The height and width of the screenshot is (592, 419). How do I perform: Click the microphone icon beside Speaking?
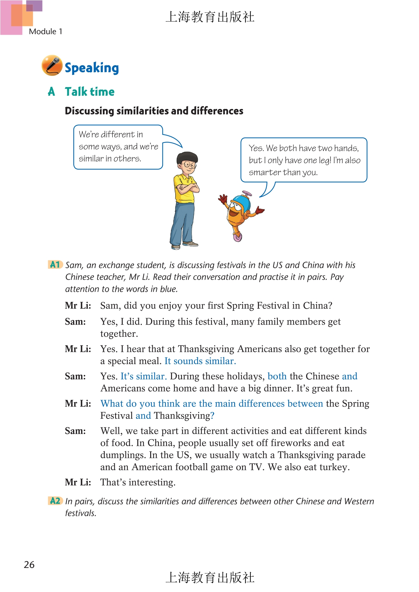tap(52, 65)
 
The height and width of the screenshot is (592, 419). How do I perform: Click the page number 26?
tap(29, 565)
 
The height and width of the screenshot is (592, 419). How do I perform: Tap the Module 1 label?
tap(45, 31)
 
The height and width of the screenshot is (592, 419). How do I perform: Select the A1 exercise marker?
tap(55, 265)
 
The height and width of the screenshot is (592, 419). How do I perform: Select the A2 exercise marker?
tap(55, 501)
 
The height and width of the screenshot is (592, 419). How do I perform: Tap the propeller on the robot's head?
tap(247, 194)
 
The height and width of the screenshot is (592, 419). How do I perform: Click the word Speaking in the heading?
tap(92, 68)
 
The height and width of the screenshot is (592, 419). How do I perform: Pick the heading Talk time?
tap(89, 92)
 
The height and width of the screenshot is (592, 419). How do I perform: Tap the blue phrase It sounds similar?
tap(200, 361)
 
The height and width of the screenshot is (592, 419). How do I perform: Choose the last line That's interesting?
tap(138, 482)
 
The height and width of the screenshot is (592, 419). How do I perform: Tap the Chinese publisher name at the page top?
tap(210, 17)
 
